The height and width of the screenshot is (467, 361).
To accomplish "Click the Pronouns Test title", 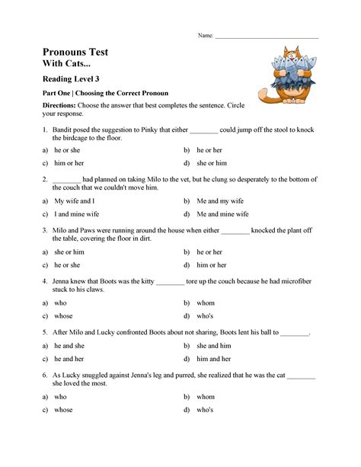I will (x=75, y=52).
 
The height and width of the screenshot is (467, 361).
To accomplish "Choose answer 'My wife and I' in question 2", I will (x=75, y=200).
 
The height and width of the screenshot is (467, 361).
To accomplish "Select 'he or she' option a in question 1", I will (x=67, y=150).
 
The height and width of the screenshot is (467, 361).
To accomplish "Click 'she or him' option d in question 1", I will (x=211, y=163).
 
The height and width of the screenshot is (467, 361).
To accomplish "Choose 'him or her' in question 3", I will (x=211, y=264).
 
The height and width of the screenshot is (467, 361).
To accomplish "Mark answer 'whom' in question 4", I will (x=206, y=302).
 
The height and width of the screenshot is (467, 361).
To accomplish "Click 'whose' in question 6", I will (x=63, y=409).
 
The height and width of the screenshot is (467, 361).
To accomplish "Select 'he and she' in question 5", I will (x=69, y=345).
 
